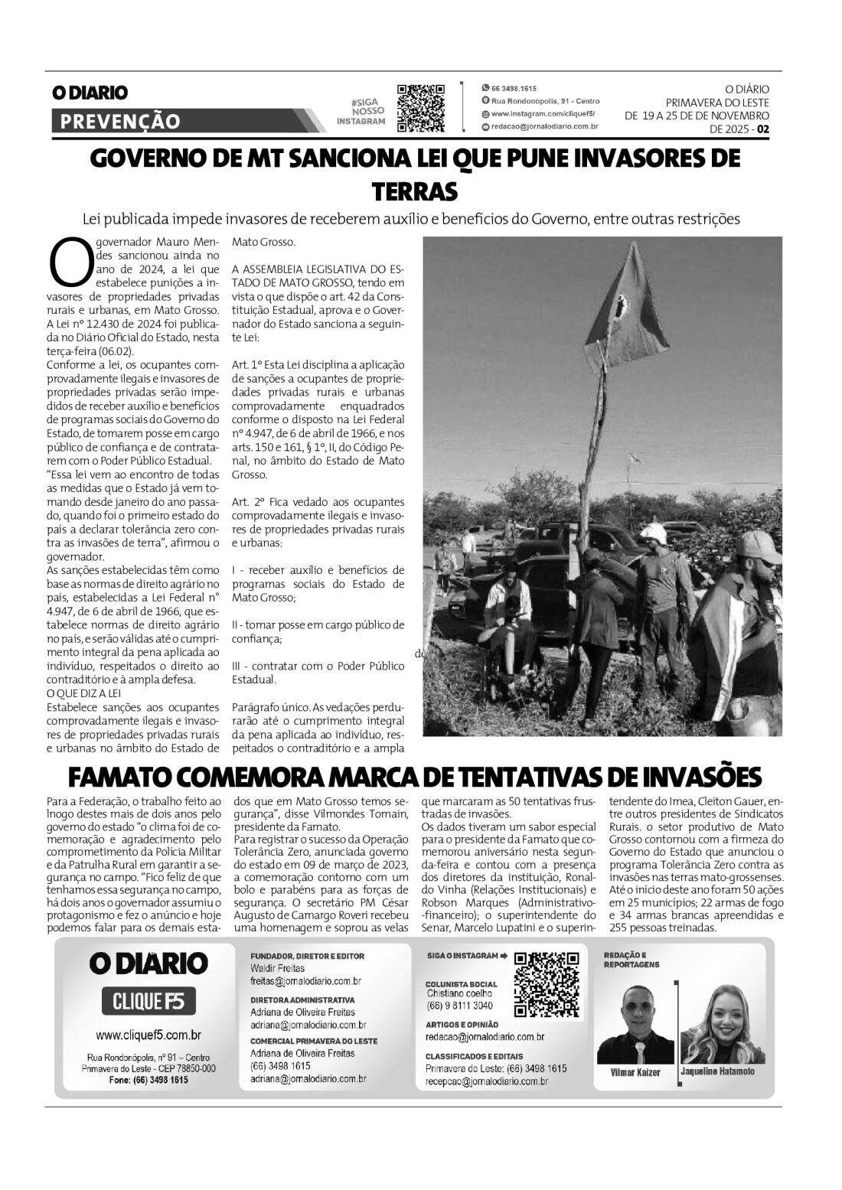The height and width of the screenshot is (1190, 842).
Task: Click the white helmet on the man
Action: click(654, 532)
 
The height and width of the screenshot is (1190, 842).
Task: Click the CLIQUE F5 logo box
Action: click(148, 1000)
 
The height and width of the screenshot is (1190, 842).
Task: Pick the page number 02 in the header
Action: click(762, 129)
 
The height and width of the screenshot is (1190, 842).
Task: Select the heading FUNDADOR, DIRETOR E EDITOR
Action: click(307, 956)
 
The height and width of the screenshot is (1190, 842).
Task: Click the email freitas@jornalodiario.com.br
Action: click(305, 980)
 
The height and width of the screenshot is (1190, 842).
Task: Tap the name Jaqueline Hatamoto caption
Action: click(717, 1071)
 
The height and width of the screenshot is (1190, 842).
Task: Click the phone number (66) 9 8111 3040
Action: click(459, 1005)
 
